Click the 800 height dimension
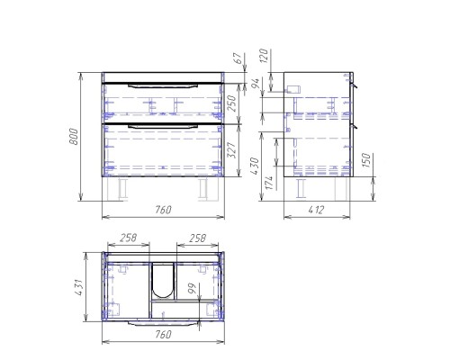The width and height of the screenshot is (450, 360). coord(74,137)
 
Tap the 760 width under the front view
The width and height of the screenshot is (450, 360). coord(163,210)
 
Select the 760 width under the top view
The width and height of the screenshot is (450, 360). coord(163,334)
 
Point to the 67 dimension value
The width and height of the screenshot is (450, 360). coord(238,58)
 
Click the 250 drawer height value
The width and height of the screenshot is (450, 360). coord(232,103)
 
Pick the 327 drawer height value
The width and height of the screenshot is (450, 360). coord(232,149)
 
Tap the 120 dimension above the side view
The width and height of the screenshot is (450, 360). coord(264,56)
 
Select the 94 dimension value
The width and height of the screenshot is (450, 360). coord(255,85)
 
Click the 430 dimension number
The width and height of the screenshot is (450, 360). coord(255,166)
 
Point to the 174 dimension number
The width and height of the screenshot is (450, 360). coord(269,183)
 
